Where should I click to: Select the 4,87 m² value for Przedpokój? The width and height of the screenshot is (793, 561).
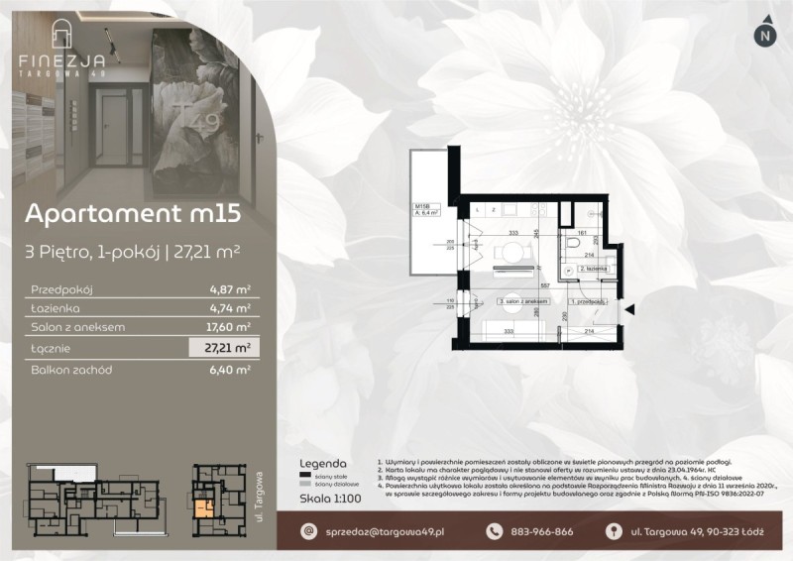click(x=227, y=289)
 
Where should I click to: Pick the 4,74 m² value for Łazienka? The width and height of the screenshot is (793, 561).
click(x=227, y=308)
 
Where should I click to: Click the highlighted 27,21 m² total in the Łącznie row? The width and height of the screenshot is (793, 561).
click(x=225, y=347)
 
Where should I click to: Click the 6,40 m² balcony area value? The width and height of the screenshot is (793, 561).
click(x=227, y=368)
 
